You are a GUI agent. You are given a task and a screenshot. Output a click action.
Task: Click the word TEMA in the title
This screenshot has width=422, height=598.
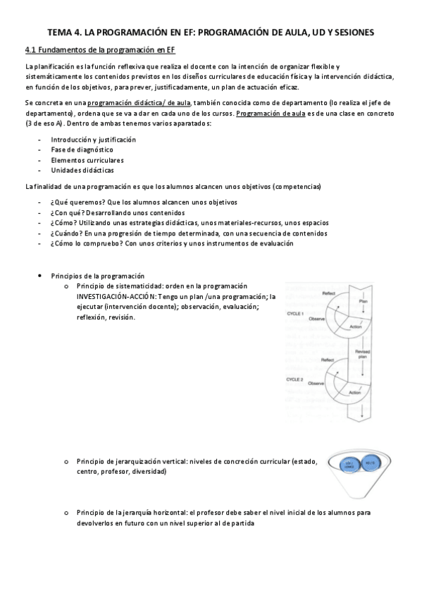click(x=61, y=32)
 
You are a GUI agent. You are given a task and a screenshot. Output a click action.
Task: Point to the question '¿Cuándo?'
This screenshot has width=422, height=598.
click(x=66, y=233)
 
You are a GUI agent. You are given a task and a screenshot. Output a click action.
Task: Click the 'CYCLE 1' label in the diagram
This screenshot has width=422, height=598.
click(x=294, y=312)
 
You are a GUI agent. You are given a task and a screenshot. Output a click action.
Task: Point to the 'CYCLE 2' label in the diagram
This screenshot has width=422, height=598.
click(x=294, y=379)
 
